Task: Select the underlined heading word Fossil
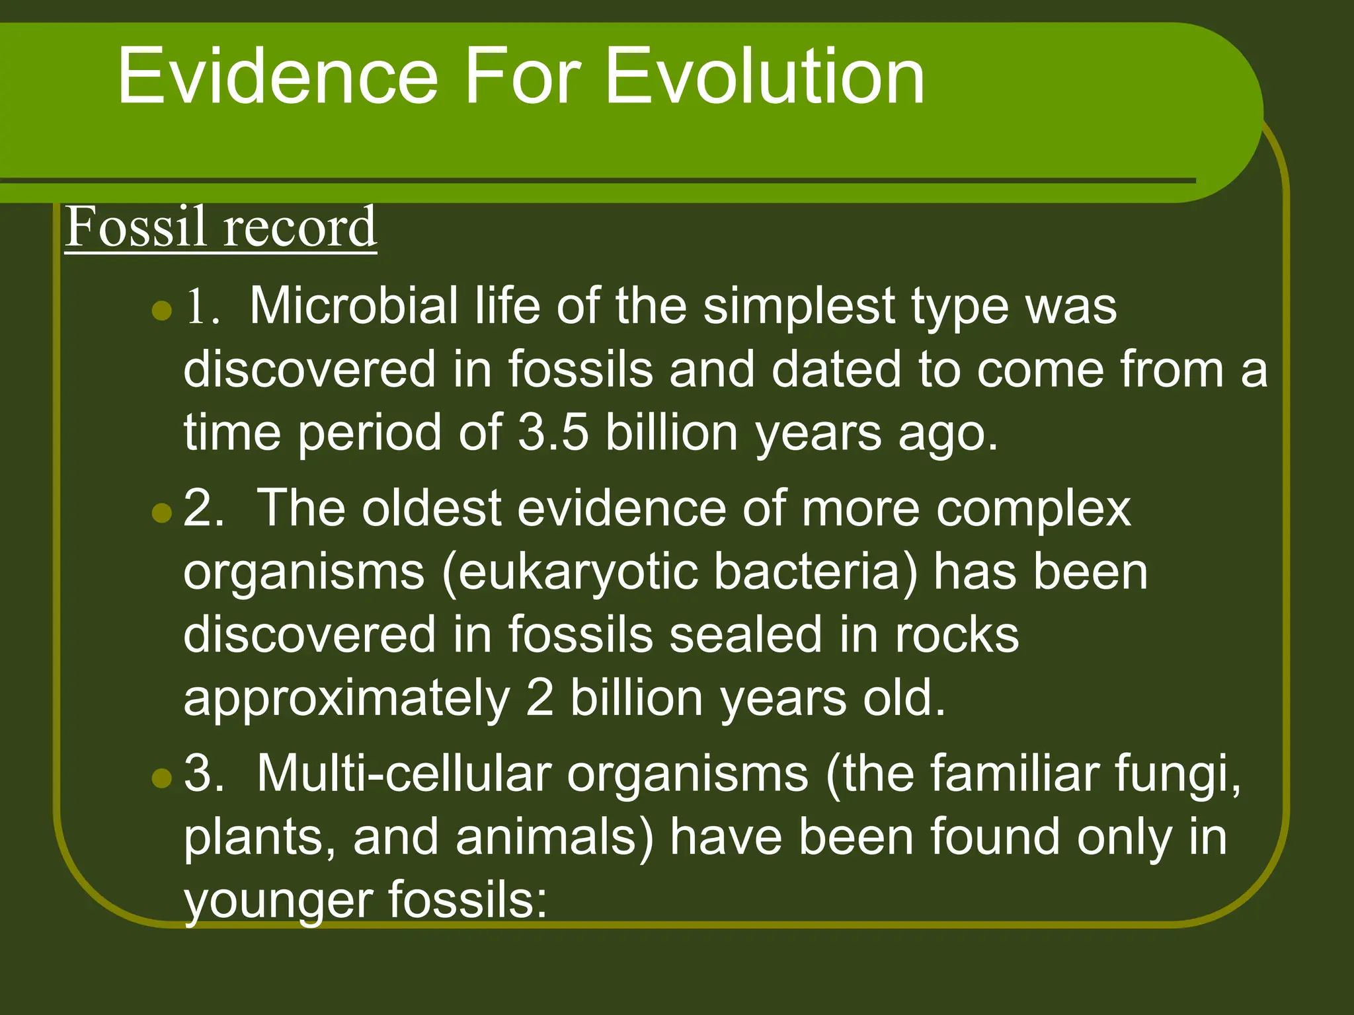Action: [135, 227]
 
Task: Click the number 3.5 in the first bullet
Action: [553, 433]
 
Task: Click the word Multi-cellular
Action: [403, 772]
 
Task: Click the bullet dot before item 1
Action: [161, 310]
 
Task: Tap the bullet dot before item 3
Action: [161, 778]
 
